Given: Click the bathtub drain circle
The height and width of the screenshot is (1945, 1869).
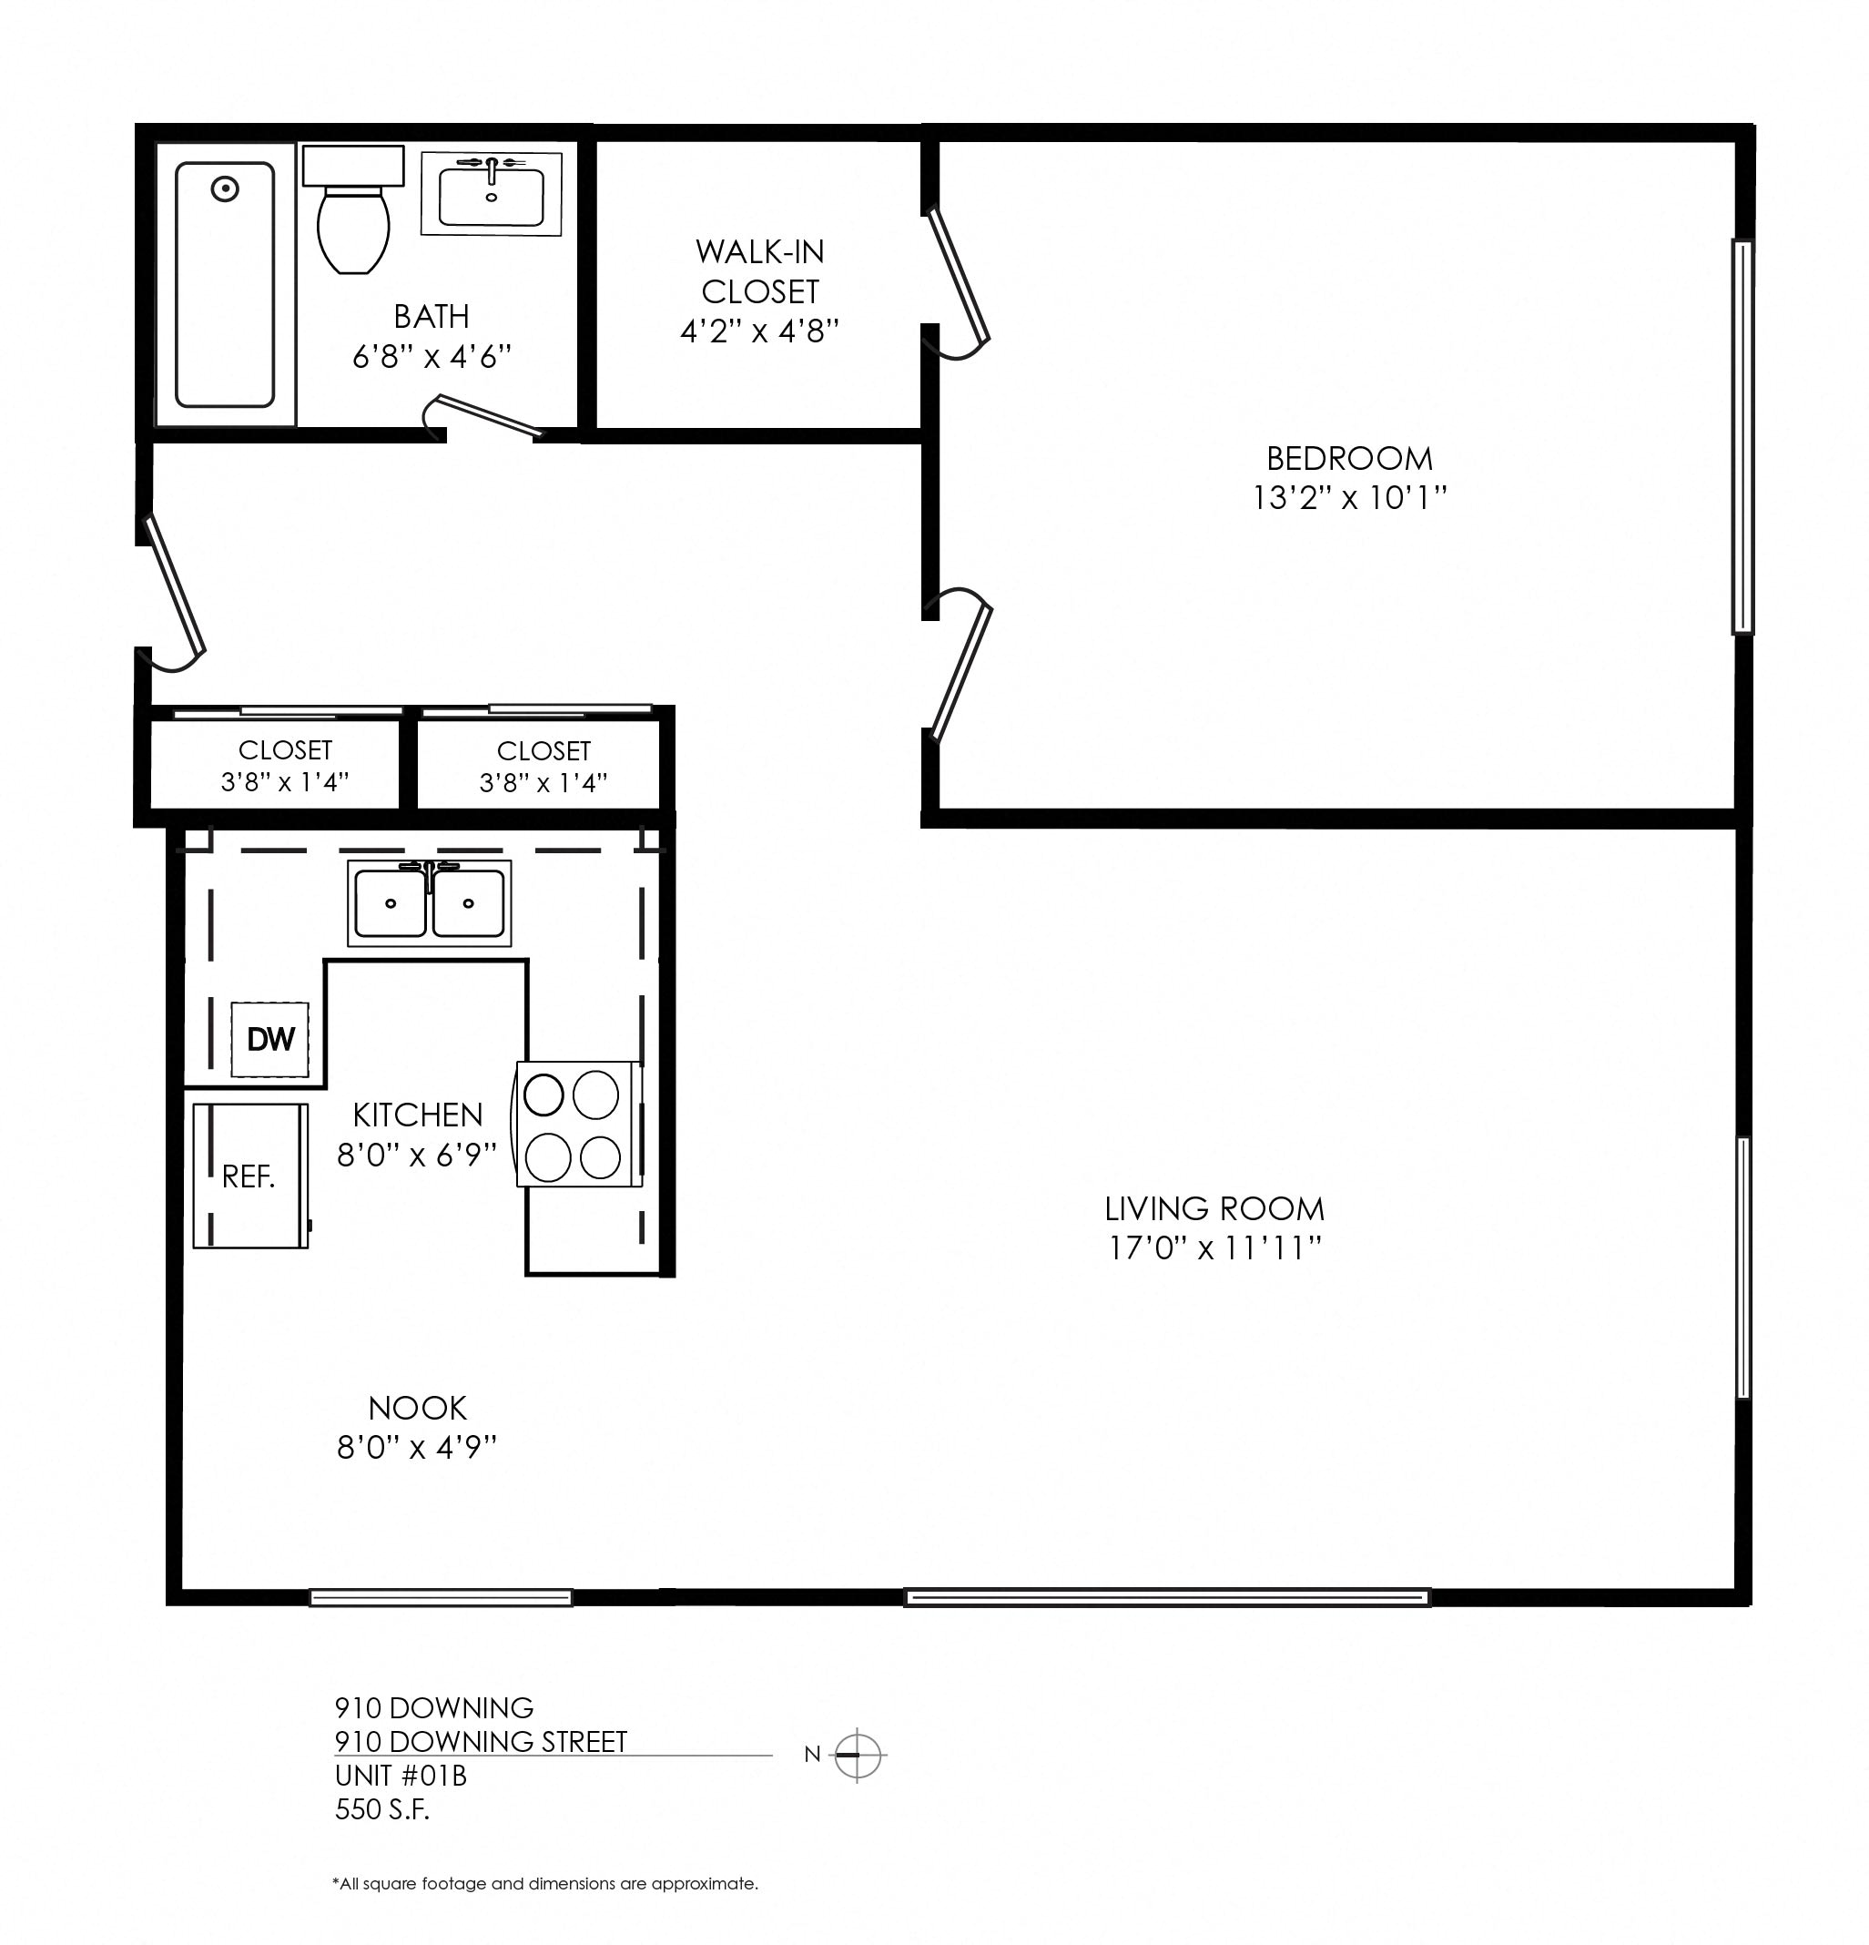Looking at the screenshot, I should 225,188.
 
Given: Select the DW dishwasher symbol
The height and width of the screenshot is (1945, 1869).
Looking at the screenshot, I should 269,1039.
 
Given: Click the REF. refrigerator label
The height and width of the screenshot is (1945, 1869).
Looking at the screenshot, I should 248,1176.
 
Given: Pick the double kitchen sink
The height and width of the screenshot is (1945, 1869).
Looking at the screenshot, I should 429,903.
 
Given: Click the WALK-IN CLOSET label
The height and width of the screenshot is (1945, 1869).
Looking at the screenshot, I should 760,272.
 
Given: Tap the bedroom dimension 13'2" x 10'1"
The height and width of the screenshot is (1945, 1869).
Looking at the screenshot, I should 1349,497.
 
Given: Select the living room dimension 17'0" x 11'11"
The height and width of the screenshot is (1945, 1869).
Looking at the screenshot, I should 1214,1247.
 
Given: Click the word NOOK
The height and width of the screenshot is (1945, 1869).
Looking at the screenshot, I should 417,1408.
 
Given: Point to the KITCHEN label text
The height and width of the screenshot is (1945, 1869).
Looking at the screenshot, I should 417,1115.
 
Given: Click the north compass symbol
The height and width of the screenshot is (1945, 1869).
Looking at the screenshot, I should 858,1755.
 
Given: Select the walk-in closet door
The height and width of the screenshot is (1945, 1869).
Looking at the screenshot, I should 958,278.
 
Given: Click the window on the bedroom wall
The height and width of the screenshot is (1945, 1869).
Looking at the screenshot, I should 1742,437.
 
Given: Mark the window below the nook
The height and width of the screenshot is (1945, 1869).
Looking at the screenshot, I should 441,1598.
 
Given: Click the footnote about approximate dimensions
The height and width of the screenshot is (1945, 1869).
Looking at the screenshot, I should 544,1883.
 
